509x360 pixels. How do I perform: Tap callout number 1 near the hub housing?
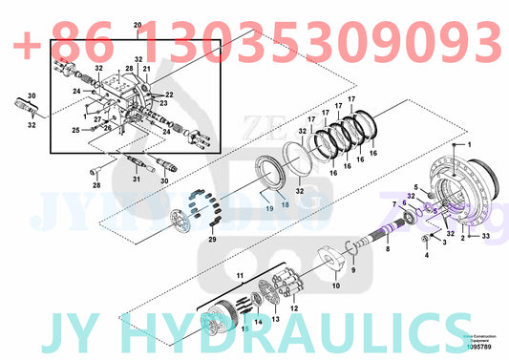pos(468,143)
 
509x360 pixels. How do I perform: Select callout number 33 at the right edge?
pos(485,236)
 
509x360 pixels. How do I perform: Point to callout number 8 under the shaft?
pos(388,250)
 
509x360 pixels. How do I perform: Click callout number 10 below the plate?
pos(335,286)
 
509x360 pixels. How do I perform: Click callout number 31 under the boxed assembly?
pos(136,179)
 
